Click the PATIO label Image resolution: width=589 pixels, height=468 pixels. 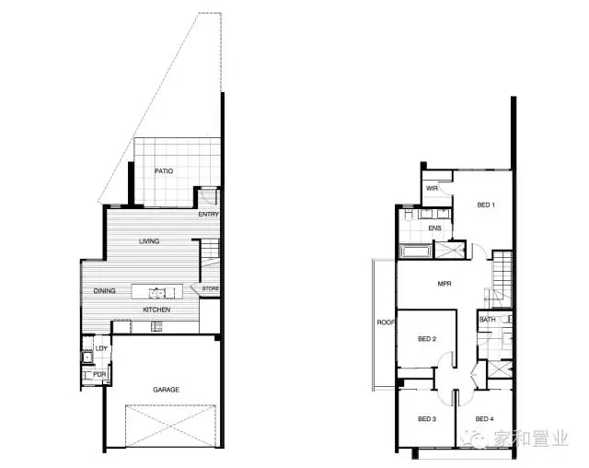click(x=164, y=171)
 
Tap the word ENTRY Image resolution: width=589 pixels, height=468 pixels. click(x=209, y=215)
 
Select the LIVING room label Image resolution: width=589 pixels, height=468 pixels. click(x=149, y=241)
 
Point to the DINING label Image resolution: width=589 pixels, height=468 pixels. click(x=104, y=290)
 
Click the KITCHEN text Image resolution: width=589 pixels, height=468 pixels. click(x=156, y=310)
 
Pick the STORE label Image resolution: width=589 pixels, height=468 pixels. click(x=211, y=288)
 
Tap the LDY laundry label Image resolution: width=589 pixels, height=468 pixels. click(x=101, y=348)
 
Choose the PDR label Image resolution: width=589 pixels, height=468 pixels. click(x=99, y=375)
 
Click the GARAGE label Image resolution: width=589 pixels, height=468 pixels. click(x=166, y=390)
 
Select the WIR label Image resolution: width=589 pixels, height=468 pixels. click(x=432, y=188)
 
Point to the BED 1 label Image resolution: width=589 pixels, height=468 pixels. click(x=486, y=205)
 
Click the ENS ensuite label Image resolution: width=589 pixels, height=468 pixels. click(x=434, y=228)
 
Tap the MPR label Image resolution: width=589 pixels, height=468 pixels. click(x=445, y=284)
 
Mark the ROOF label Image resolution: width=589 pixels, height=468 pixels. click(x=386, y=322)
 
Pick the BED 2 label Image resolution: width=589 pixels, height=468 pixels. click(x=427, y=339)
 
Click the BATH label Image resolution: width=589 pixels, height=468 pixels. click(x=487, y=320)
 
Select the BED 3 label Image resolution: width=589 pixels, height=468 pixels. click(x=427, y=419)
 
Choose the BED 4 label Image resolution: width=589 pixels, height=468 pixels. click(x=485, y=419)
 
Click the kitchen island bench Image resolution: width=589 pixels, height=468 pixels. click(x=157, y=292)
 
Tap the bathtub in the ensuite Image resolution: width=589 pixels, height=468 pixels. click(x=416, y=251)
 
